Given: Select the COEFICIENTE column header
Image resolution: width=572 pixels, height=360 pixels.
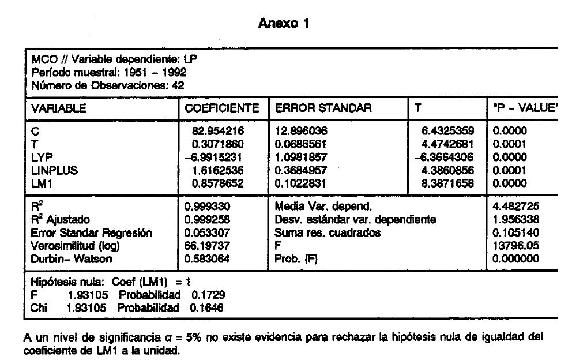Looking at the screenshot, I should pyautogui.click(x=221, y=108).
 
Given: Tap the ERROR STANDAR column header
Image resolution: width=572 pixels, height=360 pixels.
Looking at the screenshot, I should pyautogui.click(x=323, y=108).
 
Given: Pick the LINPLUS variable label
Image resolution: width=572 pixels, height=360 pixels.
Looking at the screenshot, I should pyautogui.click(x=54, y=170).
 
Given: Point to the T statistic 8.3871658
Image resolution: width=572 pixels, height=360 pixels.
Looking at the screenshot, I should pyautogui.click(x=447, y=183).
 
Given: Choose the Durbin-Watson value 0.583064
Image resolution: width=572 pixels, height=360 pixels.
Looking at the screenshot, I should pyautogui.click(x=207, y=259).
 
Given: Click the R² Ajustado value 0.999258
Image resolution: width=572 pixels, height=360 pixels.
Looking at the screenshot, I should pyautogui.click(x=207, y=219).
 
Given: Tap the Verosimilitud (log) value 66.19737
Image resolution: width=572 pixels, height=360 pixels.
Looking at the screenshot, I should pyautogui.click(x=207, y=246).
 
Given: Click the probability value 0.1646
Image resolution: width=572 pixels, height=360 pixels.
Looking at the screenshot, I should pyautogui.click(x=207, y=307).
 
